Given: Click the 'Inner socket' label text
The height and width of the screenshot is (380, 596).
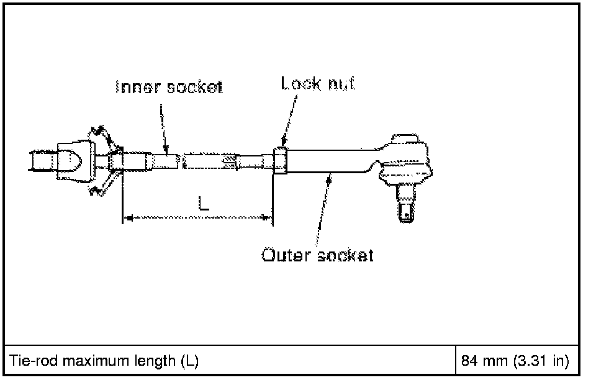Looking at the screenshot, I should (x=169, y=88).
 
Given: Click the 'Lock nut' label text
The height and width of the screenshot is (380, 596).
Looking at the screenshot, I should (x=318, y=83).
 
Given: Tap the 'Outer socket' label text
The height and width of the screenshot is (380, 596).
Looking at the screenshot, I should (x=317, y=255).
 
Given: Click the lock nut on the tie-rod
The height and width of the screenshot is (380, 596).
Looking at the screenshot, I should (x=281, y=161).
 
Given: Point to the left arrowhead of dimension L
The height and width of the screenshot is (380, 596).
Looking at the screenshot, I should (x=128, y=217).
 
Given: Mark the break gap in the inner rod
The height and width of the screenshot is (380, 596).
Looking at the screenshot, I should (x=182, y=161).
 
